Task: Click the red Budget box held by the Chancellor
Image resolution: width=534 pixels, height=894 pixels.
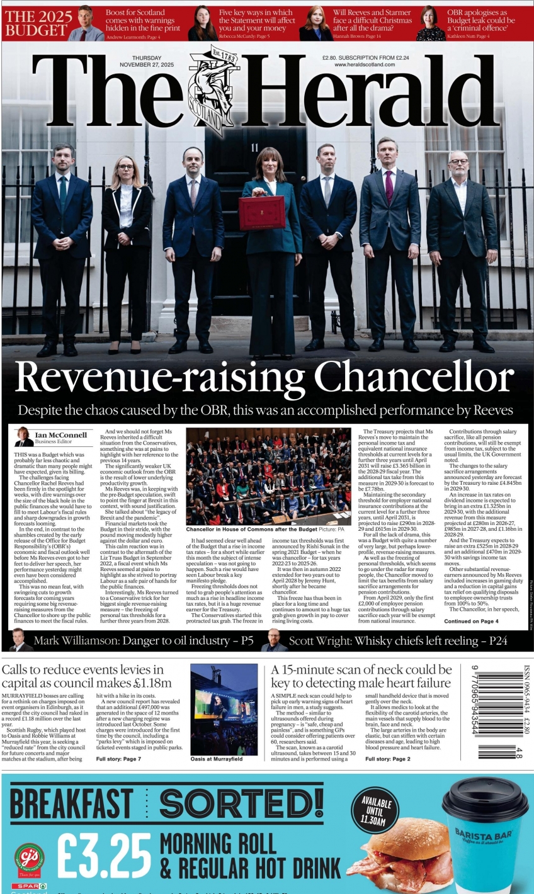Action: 262,213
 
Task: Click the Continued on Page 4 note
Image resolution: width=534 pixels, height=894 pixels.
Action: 471,621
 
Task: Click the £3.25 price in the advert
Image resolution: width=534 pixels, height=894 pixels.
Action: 105,855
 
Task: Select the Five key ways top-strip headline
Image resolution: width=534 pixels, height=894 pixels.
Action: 256,20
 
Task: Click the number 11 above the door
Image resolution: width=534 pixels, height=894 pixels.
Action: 254,147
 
